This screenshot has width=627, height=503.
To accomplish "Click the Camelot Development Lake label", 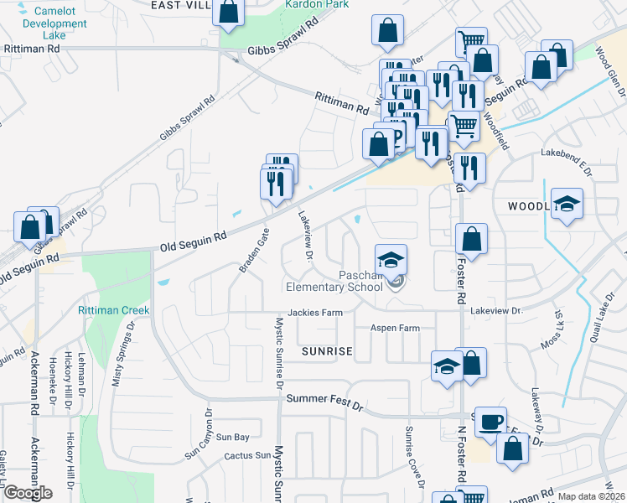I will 54,23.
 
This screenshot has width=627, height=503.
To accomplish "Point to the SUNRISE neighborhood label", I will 327,350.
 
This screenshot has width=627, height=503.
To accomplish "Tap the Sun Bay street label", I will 233,437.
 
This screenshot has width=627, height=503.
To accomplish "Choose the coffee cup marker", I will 490,421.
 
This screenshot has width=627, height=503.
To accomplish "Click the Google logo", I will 28,493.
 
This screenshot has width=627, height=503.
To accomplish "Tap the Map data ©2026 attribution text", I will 591,496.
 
